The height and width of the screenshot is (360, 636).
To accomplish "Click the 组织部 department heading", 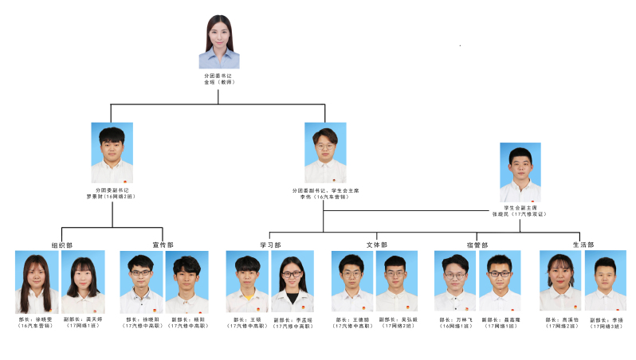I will [x=61, y=245].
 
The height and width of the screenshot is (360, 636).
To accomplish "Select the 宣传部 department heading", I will [x=163, y=245].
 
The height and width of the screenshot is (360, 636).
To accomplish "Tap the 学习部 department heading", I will [x=270, y=245].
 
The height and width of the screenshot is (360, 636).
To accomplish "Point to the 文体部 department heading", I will [x=376, y=245].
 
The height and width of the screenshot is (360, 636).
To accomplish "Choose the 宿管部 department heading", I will [x=477, y=245].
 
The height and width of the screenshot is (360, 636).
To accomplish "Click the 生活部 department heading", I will [x=583, y=245].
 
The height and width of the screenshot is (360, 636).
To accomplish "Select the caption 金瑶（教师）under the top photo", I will [x=219, y=82].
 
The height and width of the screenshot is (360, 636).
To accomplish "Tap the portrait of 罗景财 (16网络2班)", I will [x=112, y=153].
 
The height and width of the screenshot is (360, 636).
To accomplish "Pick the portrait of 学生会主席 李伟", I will [x=325, y=153].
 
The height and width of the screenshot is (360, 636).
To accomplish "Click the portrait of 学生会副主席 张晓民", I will [x=520, y=173].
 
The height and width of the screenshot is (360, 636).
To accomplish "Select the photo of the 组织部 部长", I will [x=37, y=283].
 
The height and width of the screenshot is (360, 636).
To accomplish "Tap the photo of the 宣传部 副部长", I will [x=186, y=283].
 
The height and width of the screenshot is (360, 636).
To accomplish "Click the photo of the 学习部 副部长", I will [x=292, y=283].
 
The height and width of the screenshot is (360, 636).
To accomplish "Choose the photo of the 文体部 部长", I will [x=351, y=283].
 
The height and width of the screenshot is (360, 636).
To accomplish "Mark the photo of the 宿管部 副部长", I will [x=500, y=283].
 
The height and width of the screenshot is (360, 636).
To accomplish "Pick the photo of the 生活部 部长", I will [x=559, y=283].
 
